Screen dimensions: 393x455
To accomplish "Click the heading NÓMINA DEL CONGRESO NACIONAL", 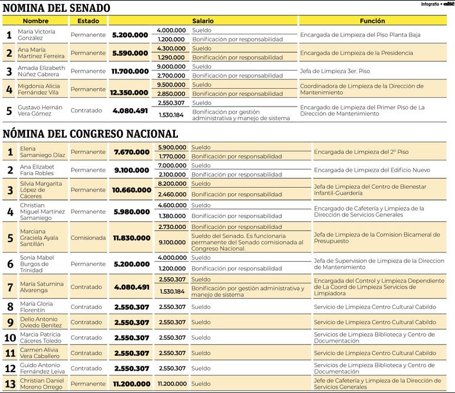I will (x=90, y=134).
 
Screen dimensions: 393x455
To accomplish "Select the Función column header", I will (x=372, y=21).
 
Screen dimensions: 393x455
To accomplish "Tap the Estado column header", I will (x=88, y=21).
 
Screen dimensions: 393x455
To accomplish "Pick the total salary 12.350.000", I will (x=130, y=92).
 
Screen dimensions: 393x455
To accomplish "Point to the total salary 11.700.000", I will (x=130, y=71).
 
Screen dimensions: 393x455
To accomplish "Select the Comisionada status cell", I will (x=88, y=238).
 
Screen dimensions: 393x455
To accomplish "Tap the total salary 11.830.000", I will (x=131, y=238).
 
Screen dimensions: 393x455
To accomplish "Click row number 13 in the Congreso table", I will (x=9, y=384).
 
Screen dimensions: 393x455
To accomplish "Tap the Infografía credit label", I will (x=430, y=4).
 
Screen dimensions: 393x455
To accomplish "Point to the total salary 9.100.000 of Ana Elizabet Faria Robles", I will (x=131, y=170).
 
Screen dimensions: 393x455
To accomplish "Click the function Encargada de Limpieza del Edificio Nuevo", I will (x=372, y=170).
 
